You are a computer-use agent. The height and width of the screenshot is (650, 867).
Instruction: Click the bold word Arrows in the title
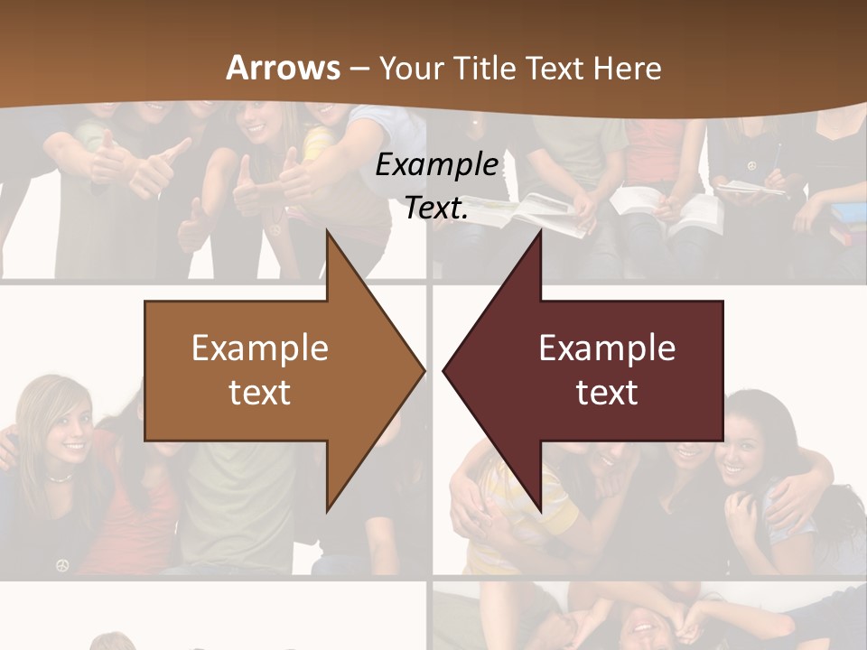[x=283, y=68]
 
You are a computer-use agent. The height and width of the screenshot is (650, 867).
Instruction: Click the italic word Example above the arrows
[x=437, y=164]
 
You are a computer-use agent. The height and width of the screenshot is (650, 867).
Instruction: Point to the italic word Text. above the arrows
[x=437, y=208]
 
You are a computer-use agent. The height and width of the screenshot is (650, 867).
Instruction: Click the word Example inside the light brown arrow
[x=260, y=348]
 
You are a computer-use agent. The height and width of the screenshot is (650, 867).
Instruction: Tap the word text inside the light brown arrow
[x=260, y=392]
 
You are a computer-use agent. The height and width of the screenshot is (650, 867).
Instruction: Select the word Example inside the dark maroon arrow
[x=607, y=348]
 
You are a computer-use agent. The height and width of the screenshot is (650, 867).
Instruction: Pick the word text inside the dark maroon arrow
[x=607, y=392]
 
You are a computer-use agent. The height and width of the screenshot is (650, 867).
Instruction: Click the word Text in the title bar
[x=555, y=69]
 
